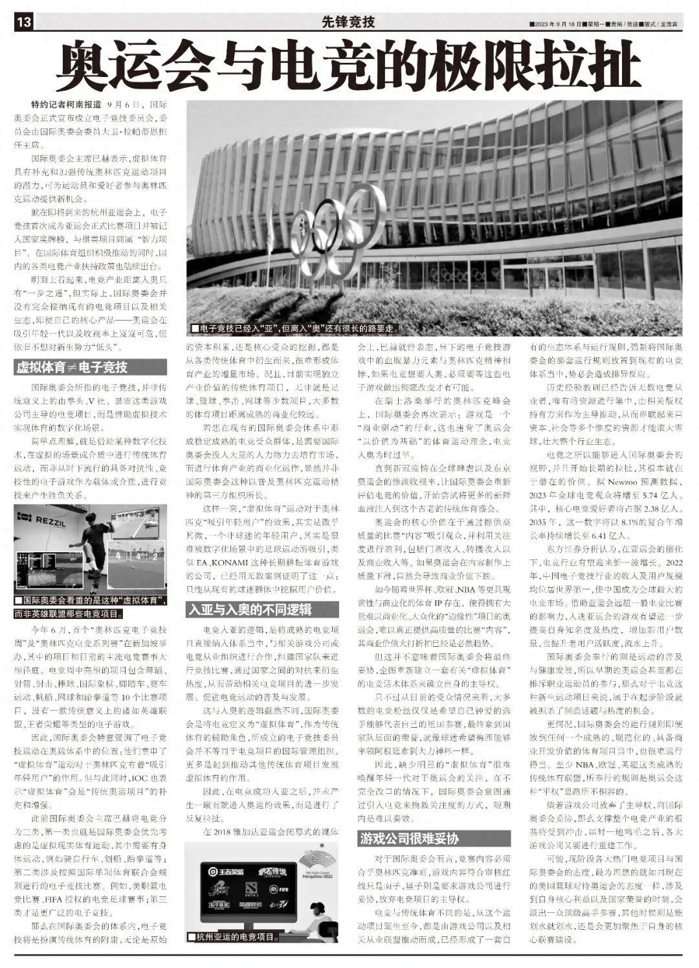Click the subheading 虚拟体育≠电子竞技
click(x=72, y=368)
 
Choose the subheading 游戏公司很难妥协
click(x=409, y=839)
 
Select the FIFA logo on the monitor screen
click(x=283, y=890)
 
